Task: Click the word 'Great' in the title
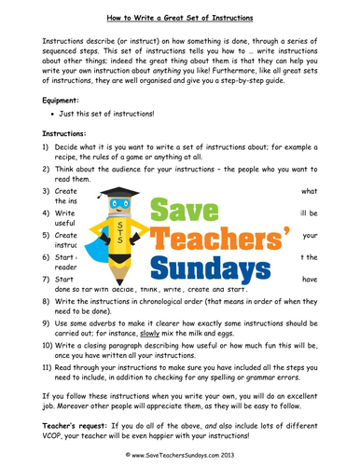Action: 176,12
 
